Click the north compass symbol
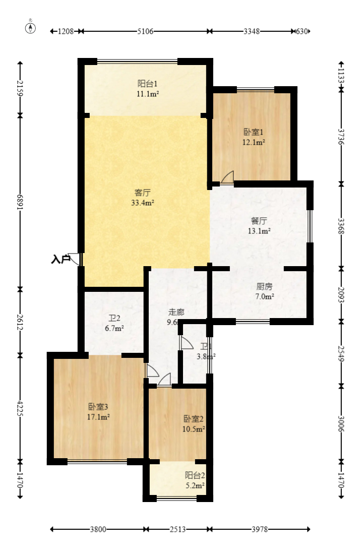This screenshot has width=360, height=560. pos(31,28)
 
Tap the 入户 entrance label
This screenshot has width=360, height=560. pos(61,260)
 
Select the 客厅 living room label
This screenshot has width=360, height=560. pos(143,192)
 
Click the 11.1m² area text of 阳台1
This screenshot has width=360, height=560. pos(148,94)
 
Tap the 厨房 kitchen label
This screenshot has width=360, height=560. pos(264,286)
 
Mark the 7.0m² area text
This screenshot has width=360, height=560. pos(264,296)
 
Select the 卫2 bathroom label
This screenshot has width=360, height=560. pos(114,318)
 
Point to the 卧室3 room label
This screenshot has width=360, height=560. pos(98,407)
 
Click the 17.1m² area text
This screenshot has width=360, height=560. pos(98,417)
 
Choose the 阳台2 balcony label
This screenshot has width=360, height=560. pos(195,475)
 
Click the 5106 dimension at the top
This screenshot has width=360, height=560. pos(145,31)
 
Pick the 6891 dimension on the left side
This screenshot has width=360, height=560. pos(20,202)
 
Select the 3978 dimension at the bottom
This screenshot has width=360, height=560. pos(260,529)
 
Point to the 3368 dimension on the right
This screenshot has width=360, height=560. pos(341,225)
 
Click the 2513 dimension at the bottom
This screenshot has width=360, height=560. pos(178,529)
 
